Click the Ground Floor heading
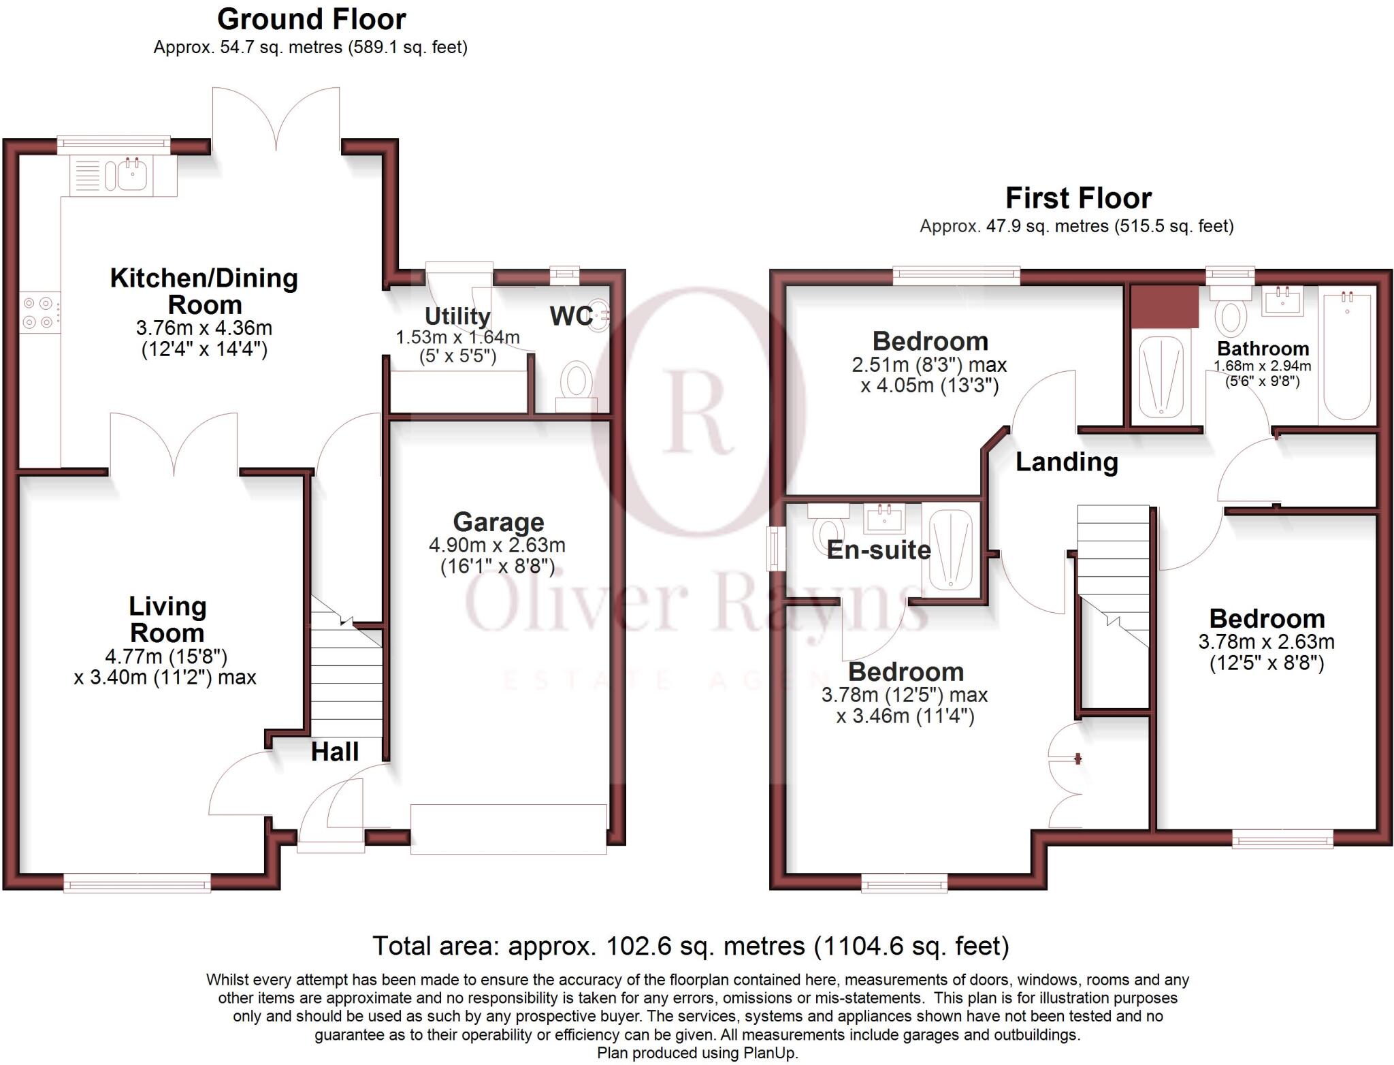(311, 19)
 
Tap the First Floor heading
(1078, 198)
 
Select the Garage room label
(498, 522)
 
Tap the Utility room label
(457, 316)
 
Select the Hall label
(335, 752)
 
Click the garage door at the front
(508, 829)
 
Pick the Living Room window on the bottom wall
(137, 885)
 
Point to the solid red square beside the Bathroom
(1165, 307)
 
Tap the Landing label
(1067, 462)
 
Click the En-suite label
(878, 550)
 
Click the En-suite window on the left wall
(773, 548)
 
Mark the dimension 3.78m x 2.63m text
(1266, 641)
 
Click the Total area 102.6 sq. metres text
(690, 946)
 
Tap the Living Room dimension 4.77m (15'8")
(165, 656)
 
